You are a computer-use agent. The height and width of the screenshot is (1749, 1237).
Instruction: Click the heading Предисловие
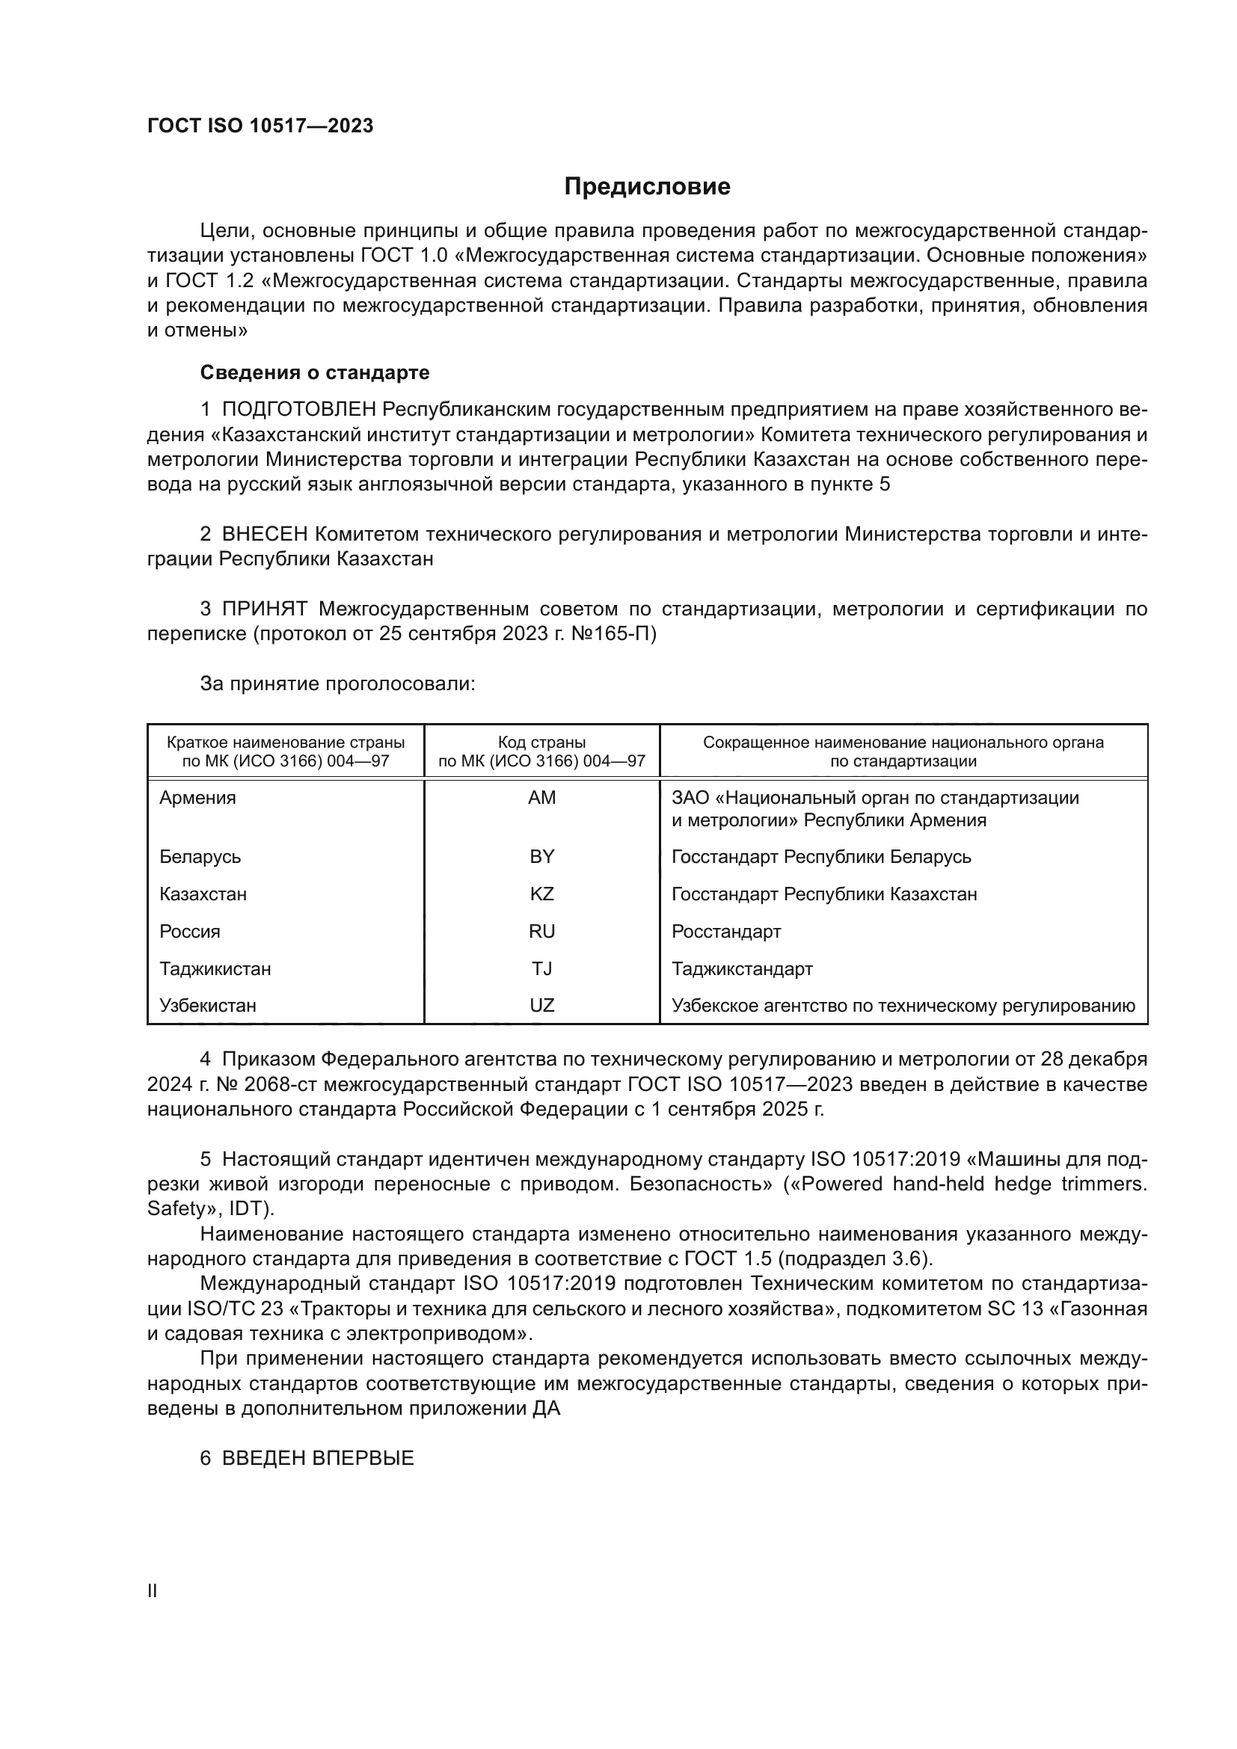tap(647, 187)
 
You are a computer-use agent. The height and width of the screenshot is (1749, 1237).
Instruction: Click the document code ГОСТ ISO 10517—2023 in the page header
tap(260, 126)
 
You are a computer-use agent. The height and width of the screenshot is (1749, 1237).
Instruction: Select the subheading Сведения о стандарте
tap(315, 372)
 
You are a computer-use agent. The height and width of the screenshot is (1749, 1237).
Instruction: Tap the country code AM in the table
tap(541, 798)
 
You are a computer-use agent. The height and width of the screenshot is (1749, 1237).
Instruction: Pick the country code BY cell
tap(541, 856)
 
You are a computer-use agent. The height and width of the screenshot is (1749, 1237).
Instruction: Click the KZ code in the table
tap(541, 894)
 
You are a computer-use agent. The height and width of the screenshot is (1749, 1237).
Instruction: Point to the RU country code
tap(541, 931)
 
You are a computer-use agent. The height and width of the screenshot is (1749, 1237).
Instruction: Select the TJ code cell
tap(541, 968)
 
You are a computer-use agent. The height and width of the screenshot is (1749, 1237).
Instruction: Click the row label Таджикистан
tap(215, 969)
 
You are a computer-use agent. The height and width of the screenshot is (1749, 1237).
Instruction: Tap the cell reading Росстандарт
tap(726, 932)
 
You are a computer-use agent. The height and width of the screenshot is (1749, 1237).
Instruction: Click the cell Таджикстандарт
tap(742, 969)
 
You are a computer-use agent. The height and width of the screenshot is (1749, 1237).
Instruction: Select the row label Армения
tap(197, 798)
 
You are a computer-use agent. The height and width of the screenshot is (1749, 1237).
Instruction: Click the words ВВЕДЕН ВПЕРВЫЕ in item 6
tap(318, 1458)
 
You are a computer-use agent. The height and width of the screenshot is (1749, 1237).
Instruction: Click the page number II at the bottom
tap(153, 1591)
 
